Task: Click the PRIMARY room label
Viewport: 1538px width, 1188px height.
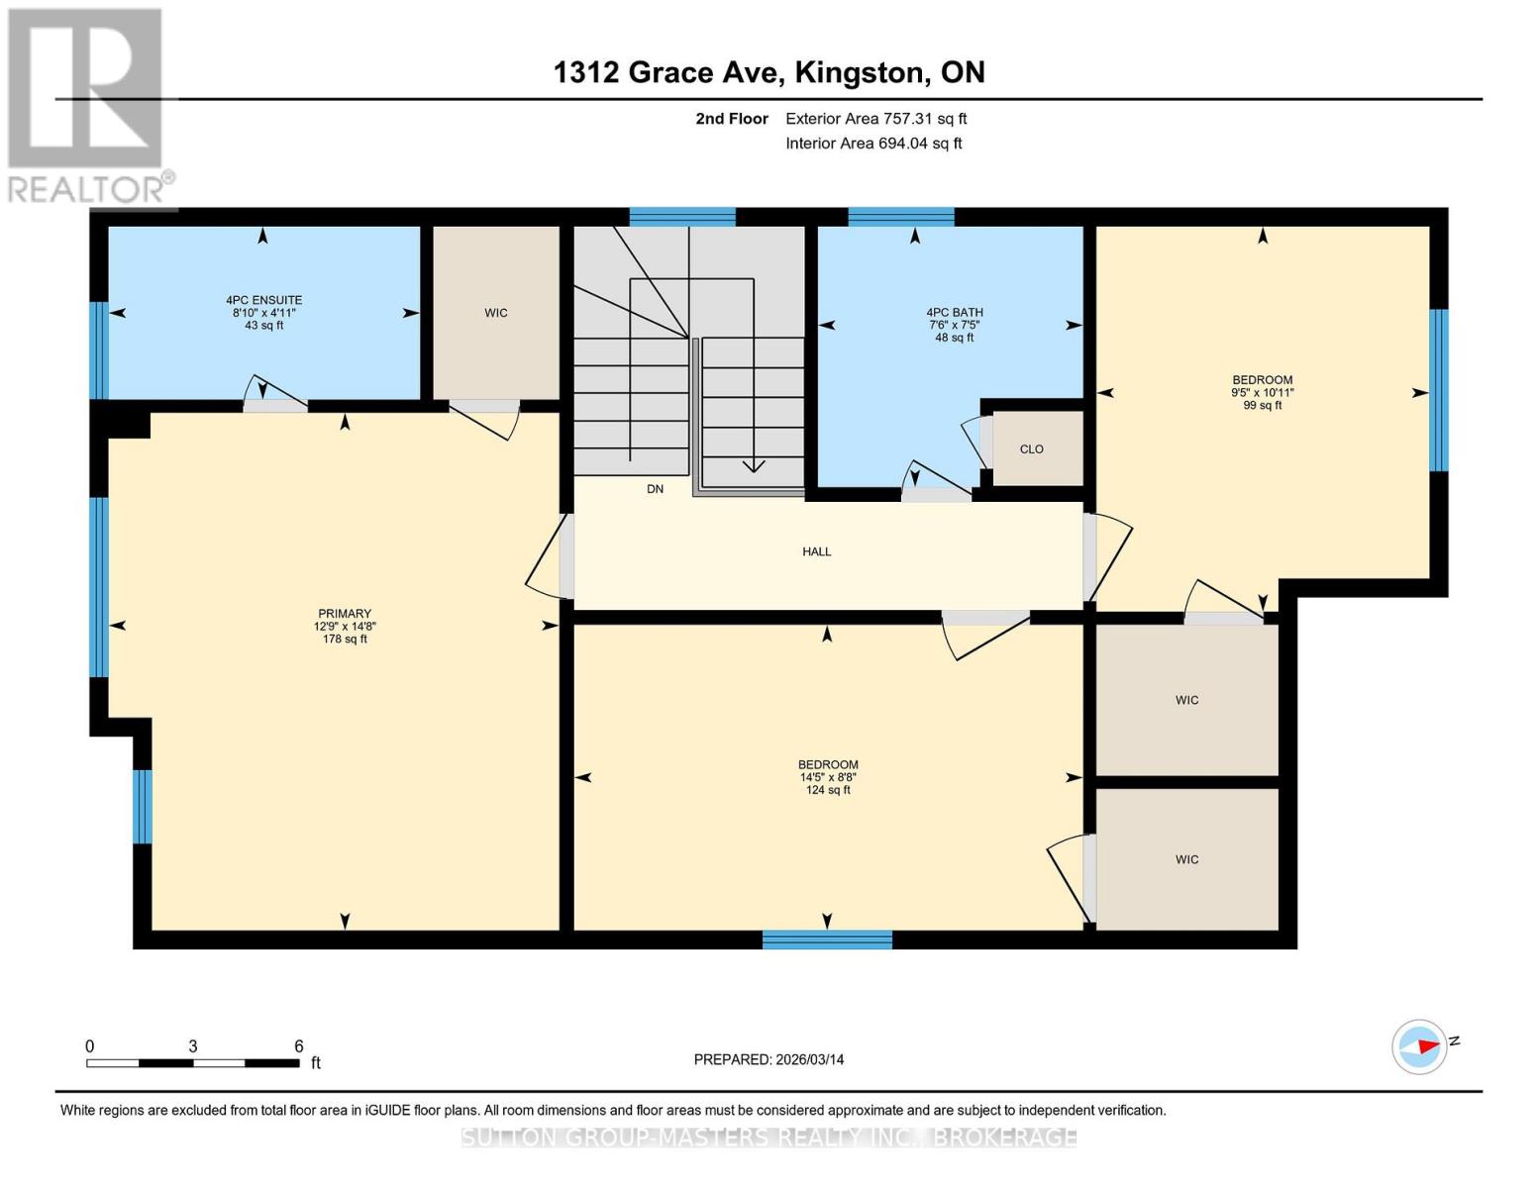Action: pos(344,614)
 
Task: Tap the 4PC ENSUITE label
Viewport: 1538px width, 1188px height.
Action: pos(264,300)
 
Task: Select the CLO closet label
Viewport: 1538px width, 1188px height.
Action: pos(1031,449)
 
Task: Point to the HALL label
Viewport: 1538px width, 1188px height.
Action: pos(816,551)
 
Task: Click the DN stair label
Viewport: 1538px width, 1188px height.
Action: pos(655,489)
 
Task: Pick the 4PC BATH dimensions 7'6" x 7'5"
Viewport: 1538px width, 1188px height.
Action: pos(954,325)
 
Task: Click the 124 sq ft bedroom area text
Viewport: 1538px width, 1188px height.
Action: pos(827,790)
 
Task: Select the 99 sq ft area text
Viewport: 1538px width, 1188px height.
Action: pos(1262,406)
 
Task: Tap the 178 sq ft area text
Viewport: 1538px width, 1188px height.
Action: pos(344,639)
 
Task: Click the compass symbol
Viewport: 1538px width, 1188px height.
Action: pos(1419,1046)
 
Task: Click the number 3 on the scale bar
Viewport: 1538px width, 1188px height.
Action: pos(192,1045)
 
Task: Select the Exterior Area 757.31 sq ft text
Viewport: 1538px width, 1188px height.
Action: pos(875,119)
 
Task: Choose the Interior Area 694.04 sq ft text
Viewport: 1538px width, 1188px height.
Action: pos(873,144)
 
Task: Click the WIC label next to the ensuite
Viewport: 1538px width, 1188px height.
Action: pos(495,313)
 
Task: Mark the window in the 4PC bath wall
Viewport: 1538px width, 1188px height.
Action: pos(900,216)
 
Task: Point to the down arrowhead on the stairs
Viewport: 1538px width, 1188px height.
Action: pos(753,466)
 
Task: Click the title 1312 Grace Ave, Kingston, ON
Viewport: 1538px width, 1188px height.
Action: pos(769,72)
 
